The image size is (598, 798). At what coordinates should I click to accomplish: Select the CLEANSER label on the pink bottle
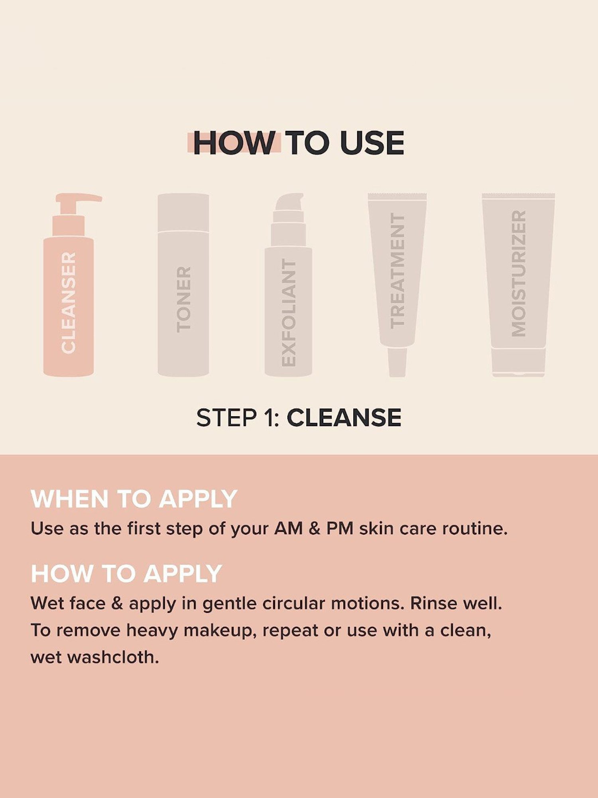pos(69,302)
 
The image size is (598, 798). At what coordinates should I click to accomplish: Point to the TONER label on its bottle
pos(183,299)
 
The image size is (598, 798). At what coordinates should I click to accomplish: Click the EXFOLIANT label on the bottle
pos(288,312)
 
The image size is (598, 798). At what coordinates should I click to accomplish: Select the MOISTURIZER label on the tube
pos(518,273)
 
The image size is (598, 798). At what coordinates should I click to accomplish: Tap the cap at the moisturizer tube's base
pos(518,361)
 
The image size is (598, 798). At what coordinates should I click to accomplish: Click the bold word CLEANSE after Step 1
pos(344,418)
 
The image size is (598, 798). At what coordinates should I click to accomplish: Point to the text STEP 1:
pos(238,418)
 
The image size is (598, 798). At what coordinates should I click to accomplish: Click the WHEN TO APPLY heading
pos(134,499)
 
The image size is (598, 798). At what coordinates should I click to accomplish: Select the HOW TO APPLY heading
pos(126,573)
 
